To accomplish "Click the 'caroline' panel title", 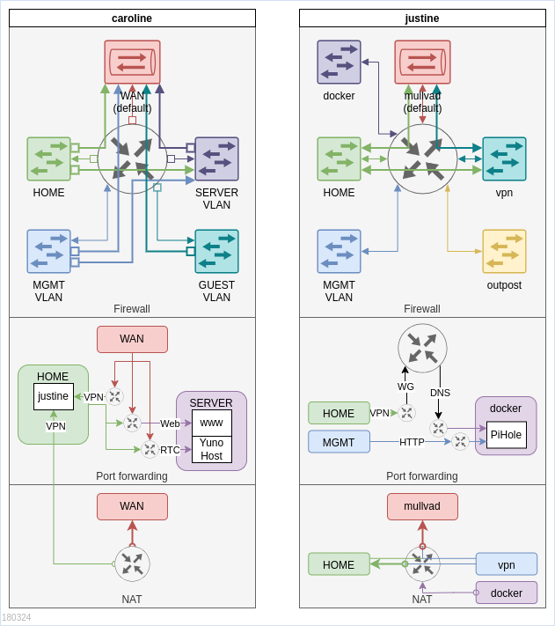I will (x=132, y=18).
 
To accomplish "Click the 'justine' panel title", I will (x=422, y=18).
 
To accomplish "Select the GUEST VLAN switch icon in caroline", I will (x=216, y=252).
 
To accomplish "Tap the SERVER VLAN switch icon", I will (x=216, y=159).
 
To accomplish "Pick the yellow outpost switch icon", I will (x=504, y=252).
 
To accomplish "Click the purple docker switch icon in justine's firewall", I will (x=339, y=63).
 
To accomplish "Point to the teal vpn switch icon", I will (x=504, y=159).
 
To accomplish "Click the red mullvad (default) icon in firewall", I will (x=422, y=63).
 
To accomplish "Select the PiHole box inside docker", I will (x=507, y=435).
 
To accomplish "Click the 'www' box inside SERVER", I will (x=212, y=423).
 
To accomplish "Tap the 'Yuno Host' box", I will (x=212, y=449).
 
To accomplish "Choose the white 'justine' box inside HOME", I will (x=54, y=396).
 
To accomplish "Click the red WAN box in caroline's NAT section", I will (x=132, y=506).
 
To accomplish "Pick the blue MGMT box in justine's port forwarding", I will (x=339, y=442).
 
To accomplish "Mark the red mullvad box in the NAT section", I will (x=422, y=506).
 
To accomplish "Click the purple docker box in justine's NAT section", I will (x=507, y=593).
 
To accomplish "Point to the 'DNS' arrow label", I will (x=440, y=393).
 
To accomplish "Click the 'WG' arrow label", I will (x=405, y=387).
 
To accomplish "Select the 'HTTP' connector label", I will (x=412, y=442).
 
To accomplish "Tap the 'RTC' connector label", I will (x=170, y=450).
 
